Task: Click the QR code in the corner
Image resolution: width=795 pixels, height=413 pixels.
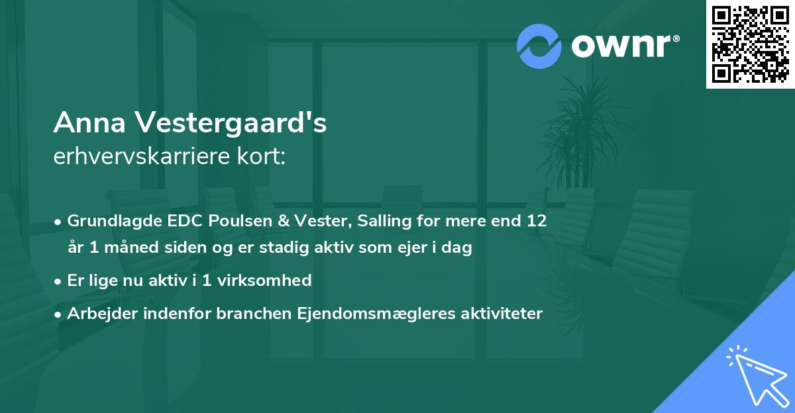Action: [751, 44]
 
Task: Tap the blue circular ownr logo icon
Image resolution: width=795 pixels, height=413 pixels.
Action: [539, 46]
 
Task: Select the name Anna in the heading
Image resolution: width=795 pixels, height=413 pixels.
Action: [90, 123]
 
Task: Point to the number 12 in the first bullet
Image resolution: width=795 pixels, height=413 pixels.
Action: [537, 221]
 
